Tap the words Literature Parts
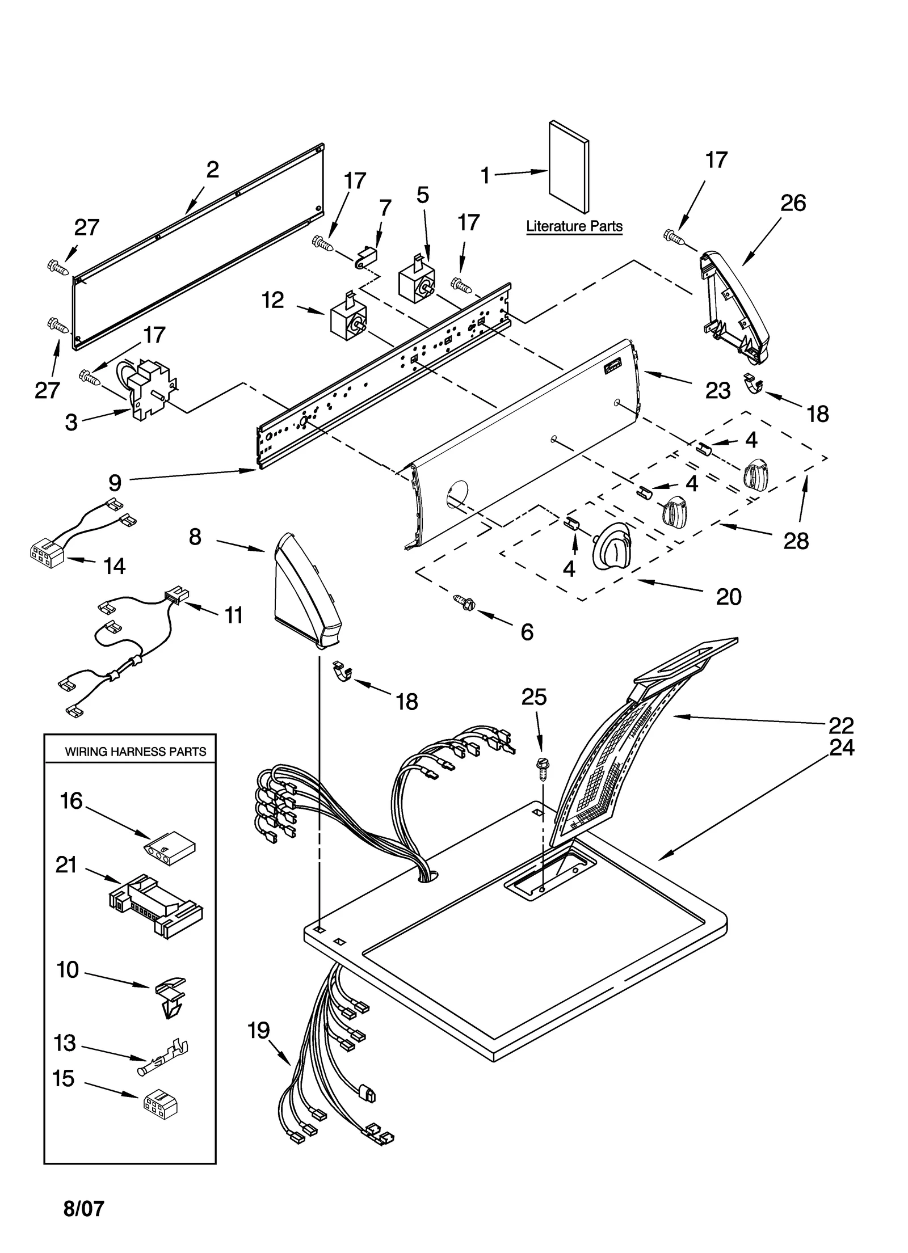[x=574, y=226]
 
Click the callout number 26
[x=793, y=203]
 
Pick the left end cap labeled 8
[x=305, y=591]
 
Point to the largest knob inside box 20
[x=612, y=546]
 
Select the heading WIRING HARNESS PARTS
[x=135, y=752]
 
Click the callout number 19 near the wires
[x=259, y=1031]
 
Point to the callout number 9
[x=115, y=483]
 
